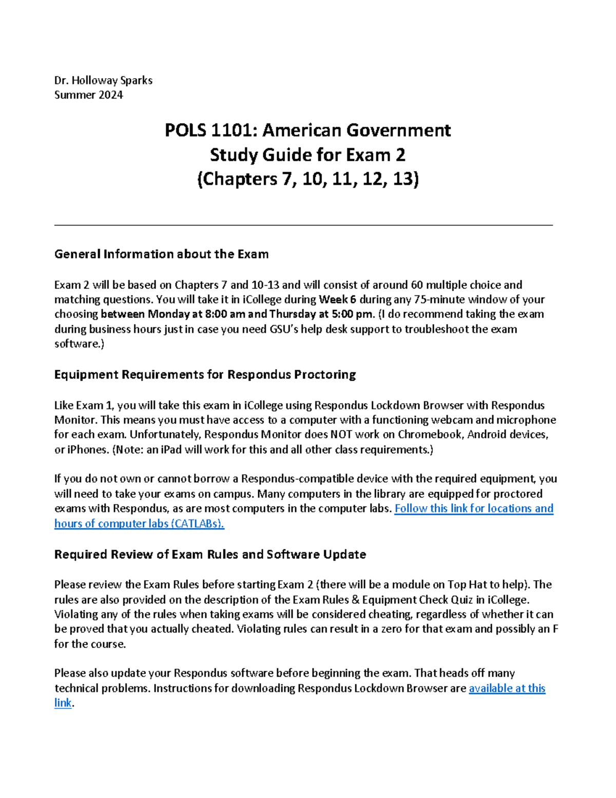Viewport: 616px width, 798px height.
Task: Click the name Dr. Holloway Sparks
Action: point(103,80)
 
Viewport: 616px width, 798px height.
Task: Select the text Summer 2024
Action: point(88,95)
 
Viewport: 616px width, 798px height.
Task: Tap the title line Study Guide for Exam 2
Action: point(307,155)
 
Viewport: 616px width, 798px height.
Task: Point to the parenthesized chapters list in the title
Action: point(307,179)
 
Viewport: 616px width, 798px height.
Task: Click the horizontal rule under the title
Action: point(303,225)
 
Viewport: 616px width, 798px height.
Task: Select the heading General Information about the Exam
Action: point(161,254)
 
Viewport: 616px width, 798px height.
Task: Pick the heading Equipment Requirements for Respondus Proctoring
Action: point(205,375)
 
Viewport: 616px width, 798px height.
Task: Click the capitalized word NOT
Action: point(341,435)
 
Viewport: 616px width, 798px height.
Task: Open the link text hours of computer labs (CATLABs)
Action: point(139,524)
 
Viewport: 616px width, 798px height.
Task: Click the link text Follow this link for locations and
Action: point(473,509)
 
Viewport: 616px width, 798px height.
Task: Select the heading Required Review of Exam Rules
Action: point(210,554)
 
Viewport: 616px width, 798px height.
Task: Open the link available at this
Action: point(507,689)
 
